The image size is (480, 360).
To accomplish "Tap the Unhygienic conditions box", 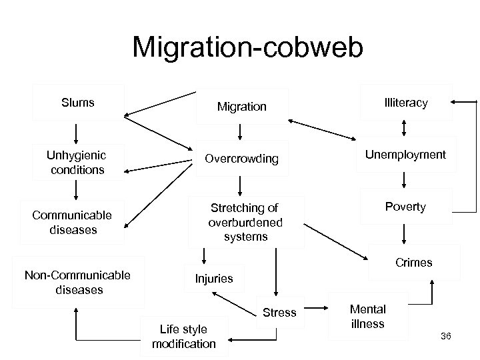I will (x=75, y=162).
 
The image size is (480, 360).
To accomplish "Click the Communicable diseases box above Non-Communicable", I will (x=71, y=222).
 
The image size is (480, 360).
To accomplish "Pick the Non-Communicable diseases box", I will (x=77, y=282).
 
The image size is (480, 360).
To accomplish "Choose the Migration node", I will (x=241, y=107).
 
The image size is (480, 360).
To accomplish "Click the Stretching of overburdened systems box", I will (x=245, y=222).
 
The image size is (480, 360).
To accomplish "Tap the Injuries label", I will (x=214, y=279).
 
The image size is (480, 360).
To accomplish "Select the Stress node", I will (x=280, y=313).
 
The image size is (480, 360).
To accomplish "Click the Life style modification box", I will (x=184, y=336).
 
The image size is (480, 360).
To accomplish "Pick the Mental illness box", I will (x=367, y=317).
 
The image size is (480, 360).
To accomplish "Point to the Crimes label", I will (x=413, y=263).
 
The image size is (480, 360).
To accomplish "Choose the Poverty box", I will (x=405, y=207).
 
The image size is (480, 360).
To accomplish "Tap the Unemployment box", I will (x=405, y=155).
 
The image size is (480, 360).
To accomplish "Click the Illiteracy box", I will (x=406, y=103).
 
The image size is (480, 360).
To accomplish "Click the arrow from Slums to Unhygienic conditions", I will (x=76, y=133).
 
